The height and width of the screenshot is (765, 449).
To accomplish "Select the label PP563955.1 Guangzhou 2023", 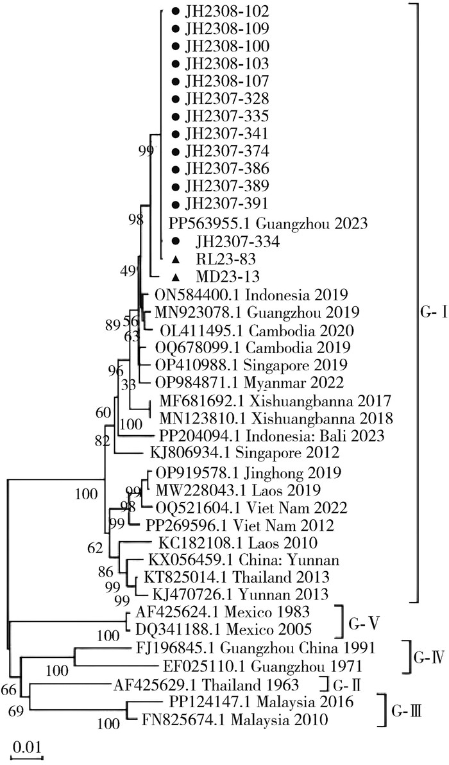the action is [267, 224].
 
